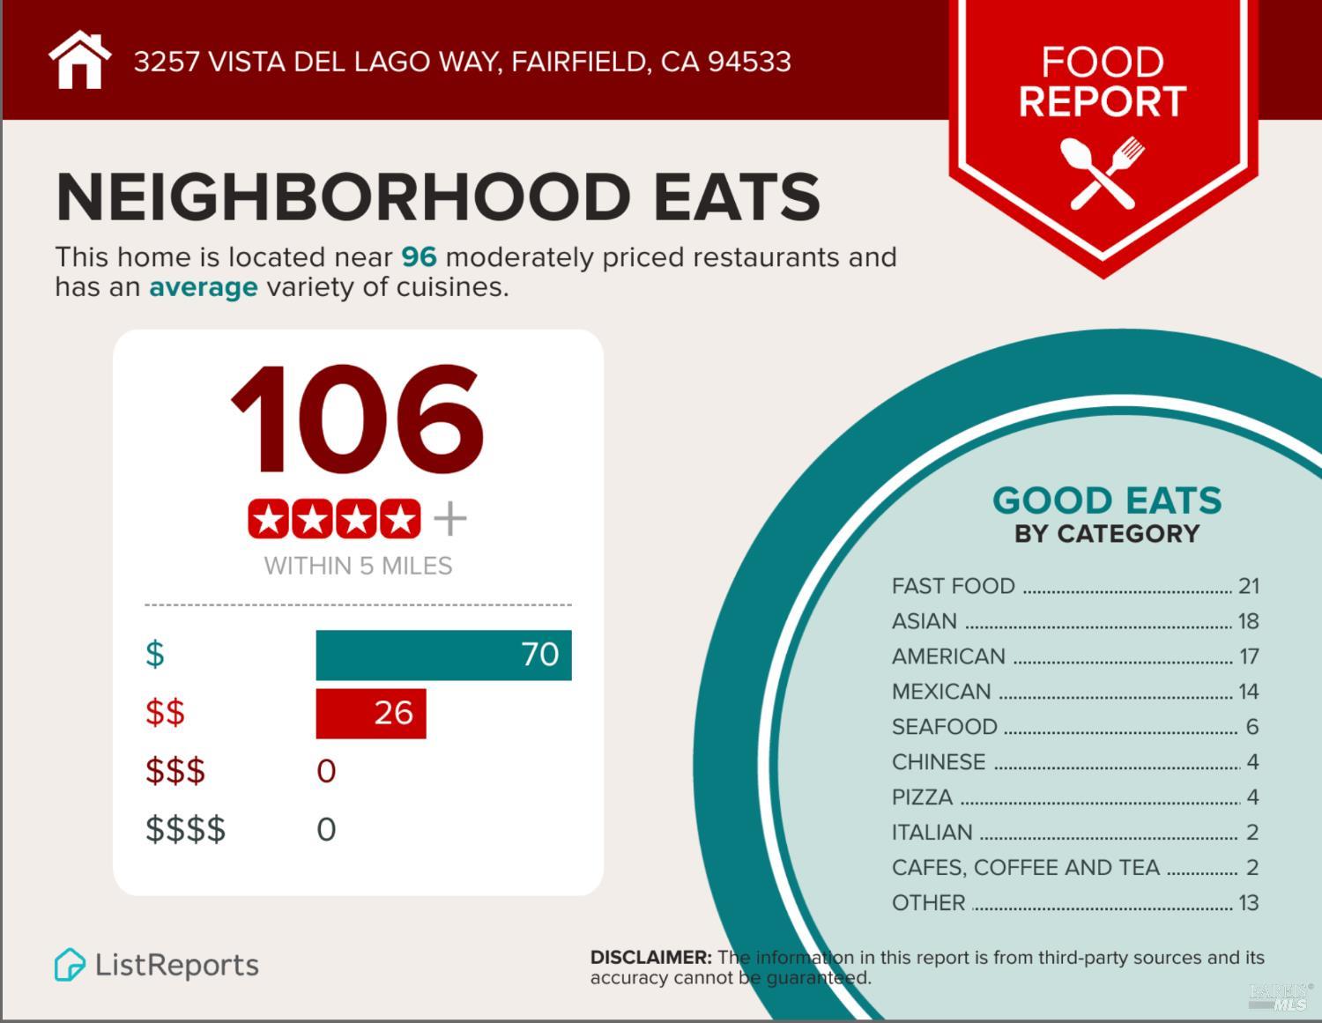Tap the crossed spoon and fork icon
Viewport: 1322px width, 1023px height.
point(1102,173)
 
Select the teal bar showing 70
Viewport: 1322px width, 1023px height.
point(443,655)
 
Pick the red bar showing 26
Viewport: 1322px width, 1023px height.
point(370,713)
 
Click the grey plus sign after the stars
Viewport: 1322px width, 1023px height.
point(449,519)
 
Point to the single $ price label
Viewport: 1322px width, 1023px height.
point(155,655)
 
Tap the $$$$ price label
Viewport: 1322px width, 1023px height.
point(185,829)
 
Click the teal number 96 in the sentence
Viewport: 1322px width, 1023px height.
point(419,257)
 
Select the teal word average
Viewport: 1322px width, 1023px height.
point(203,287)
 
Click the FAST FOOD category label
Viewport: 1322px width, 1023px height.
point(953,586)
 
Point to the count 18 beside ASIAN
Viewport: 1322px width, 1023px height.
point(1248,621)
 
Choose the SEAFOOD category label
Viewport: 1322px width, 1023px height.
point(944,727)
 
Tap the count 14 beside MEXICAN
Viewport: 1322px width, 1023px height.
point(1248,692)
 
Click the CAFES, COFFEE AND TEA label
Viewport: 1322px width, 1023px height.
point(1025,868)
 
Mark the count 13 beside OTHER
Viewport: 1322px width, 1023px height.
point(1248,903)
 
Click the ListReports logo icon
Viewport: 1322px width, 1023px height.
point(69,965)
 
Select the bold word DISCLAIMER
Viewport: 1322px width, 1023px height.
point(650,958)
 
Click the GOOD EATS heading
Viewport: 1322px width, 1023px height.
point(1107,500)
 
